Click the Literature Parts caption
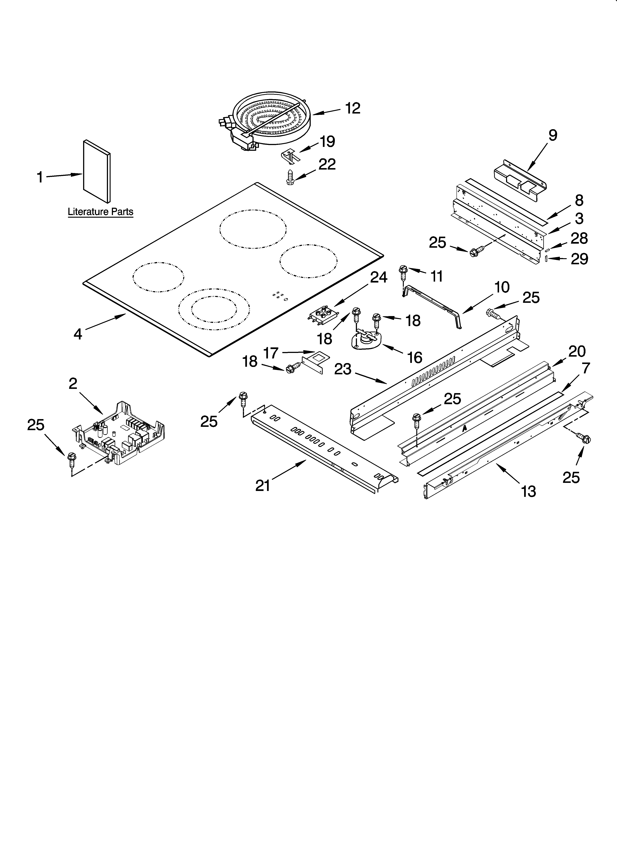click(x=100, y=212)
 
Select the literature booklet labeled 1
click(x=97, y=171)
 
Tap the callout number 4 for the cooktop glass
click(x=78, y=334)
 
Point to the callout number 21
click(x=263, y=486)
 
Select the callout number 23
click(x=343, y=369)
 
